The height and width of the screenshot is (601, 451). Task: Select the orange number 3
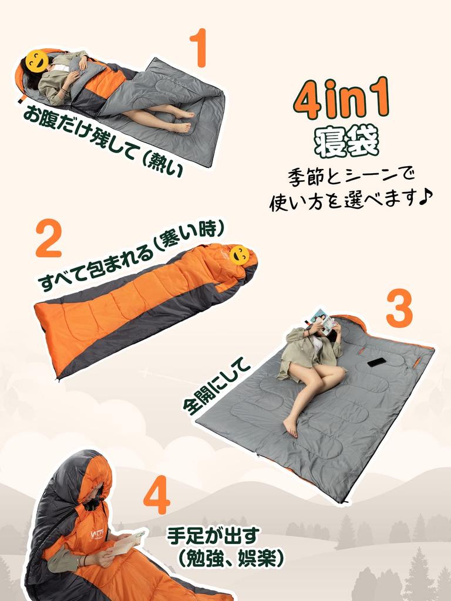click(x=399, y=309)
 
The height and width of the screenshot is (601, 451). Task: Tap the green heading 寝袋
click(x=346, y=141)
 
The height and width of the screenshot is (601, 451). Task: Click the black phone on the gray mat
click(x=377, y=362)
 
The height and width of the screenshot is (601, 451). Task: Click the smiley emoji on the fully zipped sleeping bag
click(x=239, y=255)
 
